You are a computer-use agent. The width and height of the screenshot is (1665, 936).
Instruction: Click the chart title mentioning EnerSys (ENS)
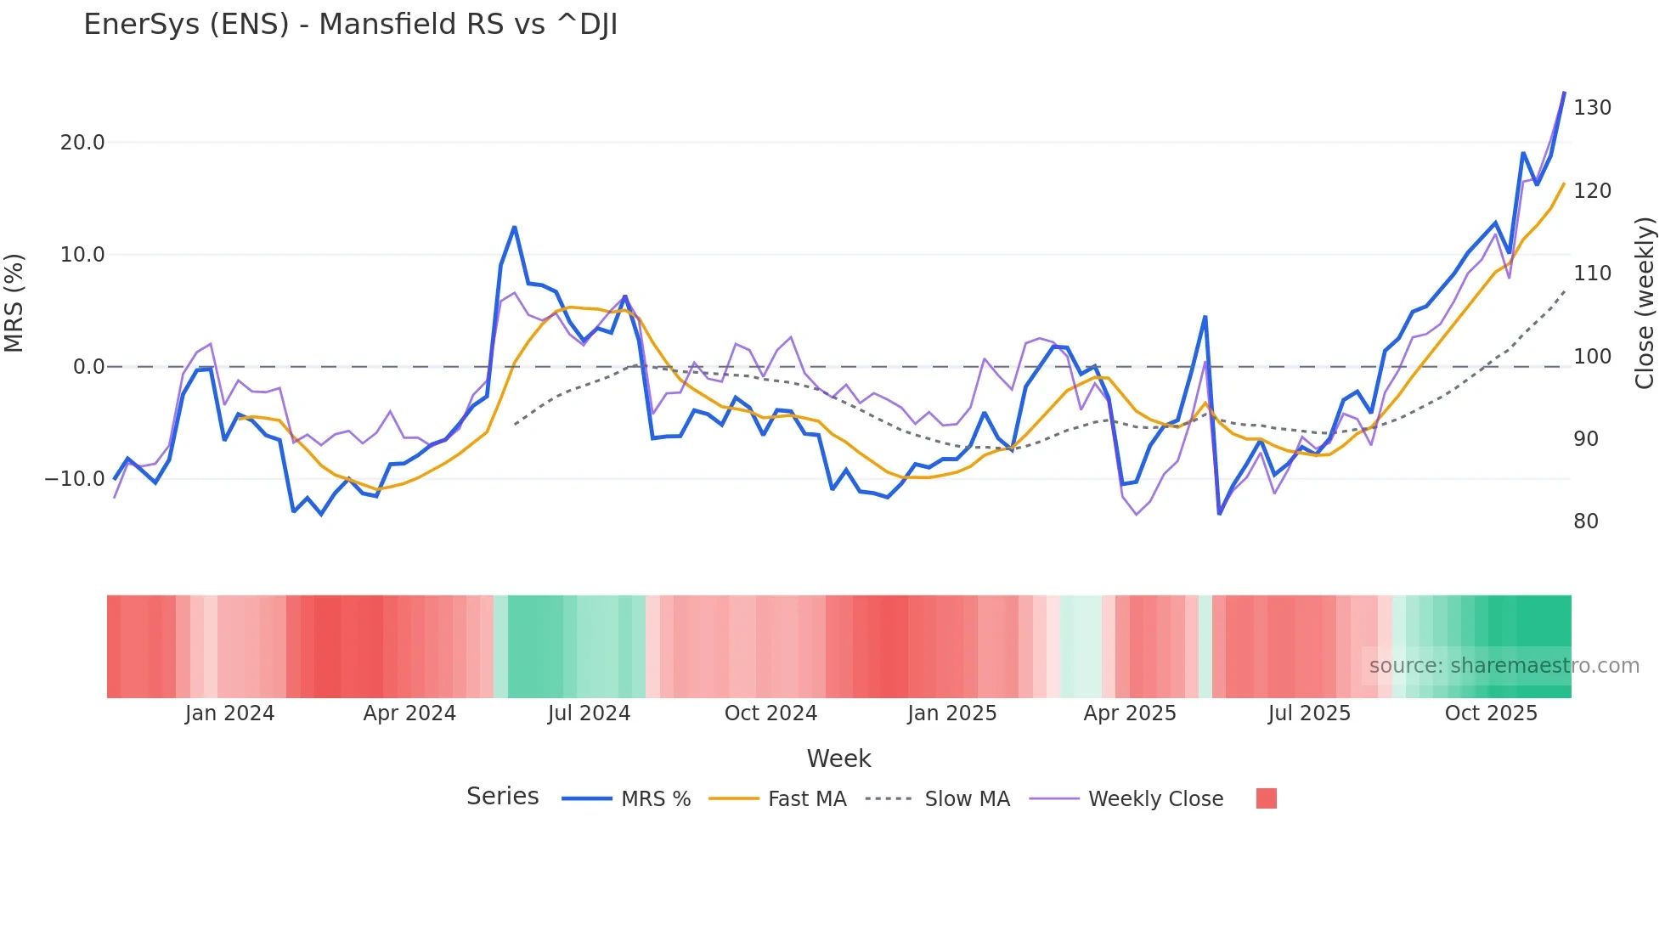click(x=350, y=25)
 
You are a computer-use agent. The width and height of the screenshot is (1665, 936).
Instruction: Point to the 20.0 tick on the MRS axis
click(x=82, y=143)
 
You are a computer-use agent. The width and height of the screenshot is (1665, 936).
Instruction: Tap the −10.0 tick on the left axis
click(x=75, y=479)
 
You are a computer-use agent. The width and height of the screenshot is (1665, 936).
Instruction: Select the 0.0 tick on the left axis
click(x=88, y=367)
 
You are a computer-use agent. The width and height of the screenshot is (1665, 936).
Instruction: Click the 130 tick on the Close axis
click(x=1592, y=108)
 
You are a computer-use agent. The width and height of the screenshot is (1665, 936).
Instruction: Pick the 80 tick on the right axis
click(x=1586, y=522)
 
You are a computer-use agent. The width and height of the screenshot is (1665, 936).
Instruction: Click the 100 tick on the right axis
click(x=1592, y=357)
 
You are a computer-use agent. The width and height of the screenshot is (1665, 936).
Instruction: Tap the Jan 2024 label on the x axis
click(x=229, y=713)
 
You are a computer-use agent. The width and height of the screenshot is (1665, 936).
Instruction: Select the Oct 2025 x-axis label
click(x=1491, y=713)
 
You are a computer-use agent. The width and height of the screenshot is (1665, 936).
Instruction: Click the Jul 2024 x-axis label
click(x=589, y=713)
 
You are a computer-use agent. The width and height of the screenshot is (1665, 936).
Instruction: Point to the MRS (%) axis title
click(x=14, y=302)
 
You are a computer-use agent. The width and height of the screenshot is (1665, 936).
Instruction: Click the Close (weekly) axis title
click(x=1645, y=303)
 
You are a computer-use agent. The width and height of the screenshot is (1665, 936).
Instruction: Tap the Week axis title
click(x=838, y=758)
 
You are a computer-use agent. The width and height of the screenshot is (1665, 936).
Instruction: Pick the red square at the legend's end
click(x=1266, y=798)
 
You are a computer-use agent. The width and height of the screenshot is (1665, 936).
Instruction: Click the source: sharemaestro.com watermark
click(x=1504, y=666)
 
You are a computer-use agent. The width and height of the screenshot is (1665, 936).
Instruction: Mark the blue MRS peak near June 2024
click(x=515, y=228)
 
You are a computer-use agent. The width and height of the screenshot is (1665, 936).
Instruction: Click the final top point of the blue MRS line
click(x=1564, y=93)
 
